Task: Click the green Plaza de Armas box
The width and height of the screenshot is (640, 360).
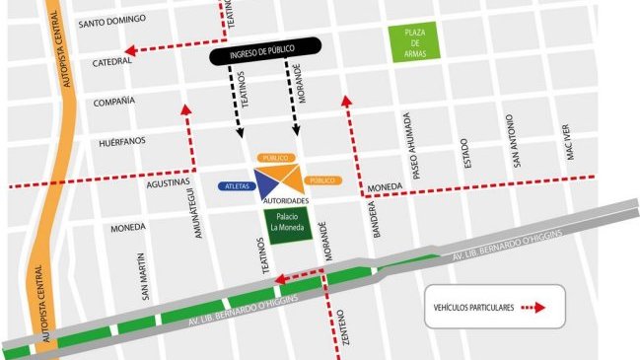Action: point(412,43)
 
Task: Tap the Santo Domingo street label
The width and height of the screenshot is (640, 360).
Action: point(111,20)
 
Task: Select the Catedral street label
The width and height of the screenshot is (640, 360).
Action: point(111,61)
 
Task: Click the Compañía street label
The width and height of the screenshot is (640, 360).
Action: point(112,102)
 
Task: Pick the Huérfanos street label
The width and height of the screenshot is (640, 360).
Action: point(121,141)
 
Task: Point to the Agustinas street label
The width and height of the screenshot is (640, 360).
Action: point(167,182)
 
